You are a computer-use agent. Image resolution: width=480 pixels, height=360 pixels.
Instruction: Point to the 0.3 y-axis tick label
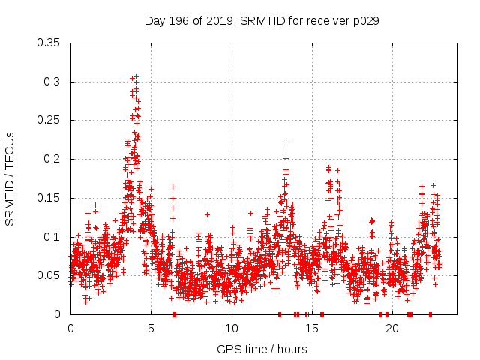54,82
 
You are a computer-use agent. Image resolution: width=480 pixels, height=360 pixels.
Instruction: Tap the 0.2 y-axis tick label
54,159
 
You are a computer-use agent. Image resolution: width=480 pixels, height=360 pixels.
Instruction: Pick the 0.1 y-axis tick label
54,237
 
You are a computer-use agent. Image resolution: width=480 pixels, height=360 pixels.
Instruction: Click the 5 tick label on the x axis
151,329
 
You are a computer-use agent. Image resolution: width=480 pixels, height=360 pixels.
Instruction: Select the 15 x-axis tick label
311,329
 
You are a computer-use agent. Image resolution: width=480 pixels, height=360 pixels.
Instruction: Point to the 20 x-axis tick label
391,329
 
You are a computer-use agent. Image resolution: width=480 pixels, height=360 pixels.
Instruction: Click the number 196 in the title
177,21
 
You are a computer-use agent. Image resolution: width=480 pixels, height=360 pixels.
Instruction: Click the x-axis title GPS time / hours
262,349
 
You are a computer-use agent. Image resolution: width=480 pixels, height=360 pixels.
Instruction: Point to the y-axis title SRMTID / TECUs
10,178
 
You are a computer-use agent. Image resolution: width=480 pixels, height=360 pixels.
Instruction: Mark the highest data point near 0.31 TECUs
136,76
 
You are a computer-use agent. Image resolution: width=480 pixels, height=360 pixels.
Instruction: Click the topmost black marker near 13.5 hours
286,142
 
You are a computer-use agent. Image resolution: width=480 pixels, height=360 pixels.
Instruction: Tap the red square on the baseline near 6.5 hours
174,314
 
